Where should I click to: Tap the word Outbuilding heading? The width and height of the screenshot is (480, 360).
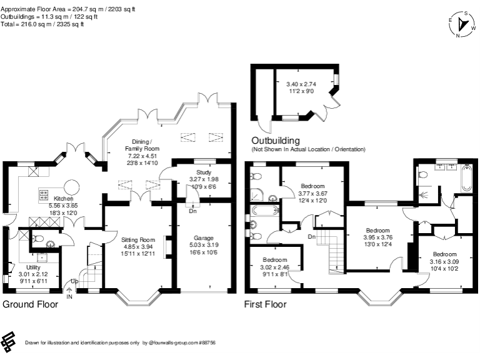[x=276, y=141]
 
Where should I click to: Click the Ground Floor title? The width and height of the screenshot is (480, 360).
[x=31, y=305]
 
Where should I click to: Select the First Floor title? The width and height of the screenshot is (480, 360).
[x=265, y=305]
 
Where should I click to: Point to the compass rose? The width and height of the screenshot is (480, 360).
[x=466, y=24]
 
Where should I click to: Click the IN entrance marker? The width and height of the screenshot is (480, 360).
[x=70, y=297]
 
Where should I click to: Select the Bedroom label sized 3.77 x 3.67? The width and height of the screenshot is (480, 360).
[x=312, y=186]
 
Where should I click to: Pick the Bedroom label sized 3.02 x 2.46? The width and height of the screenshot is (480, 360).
[x=275, y=259]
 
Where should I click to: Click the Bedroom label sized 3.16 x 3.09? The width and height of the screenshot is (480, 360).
[x=444, y=254]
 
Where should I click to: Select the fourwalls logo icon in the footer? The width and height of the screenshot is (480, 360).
[x=8, y=341]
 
